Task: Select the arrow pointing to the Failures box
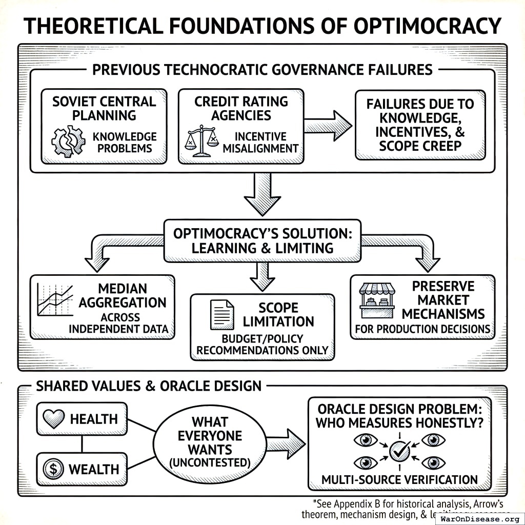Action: (x=328, y=125)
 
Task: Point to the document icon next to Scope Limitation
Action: (x=222, y=314)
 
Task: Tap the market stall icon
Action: (x=377, y=301)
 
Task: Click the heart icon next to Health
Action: (x=54, y=419)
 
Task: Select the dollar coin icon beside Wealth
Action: (x=53, y=469)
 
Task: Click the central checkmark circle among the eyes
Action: (x=399, y=451)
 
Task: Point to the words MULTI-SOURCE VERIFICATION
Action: (x=399, y=480)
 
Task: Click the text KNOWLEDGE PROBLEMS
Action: (x=124, y=143)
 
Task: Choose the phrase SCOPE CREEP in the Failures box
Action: (x=420, y=146)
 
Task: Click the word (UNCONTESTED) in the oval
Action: (x=210, y=462)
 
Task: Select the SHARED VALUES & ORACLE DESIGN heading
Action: (x=149, y=386)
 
